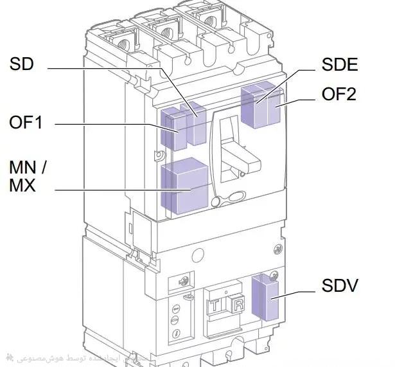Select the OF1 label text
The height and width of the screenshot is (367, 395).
pos(26,121)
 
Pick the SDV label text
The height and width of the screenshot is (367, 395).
pos(339,285)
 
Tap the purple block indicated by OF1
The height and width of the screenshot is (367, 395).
pos(170,129)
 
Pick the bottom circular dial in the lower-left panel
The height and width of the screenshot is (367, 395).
pos(175,333)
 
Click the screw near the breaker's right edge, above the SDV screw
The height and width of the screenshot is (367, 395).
pos(277,248)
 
